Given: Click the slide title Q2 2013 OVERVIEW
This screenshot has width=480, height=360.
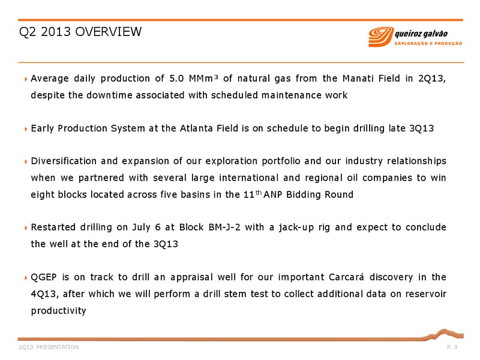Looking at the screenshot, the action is click(80, 32).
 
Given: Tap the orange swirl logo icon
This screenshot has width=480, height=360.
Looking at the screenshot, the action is click(380, 37).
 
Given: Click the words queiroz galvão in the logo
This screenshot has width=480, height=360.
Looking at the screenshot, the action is click(421, 34).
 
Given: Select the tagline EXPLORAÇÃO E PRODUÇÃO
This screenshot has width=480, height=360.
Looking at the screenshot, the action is click(428, 43).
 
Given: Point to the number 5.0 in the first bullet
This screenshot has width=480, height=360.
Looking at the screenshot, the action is click(176, 79).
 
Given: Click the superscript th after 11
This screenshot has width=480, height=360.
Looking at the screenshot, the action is click(259, 193).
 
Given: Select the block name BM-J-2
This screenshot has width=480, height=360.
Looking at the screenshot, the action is click(224, 227).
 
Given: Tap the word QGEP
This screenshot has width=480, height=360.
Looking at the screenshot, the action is click(44, 277).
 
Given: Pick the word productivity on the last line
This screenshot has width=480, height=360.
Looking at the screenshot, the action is click(58, 311).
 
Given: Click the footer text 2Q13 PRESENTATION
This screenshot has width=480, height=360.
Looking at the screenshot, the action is click(49, 347).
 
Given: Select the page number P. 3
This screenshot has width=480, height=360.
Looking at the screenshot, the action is click(452, 347).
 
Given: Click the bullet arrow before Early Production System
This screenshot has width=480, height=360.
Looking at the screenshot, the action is click(26, 129).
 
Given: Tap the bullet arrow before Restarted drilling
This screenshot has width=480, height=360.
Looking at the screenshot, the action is click(26, 228).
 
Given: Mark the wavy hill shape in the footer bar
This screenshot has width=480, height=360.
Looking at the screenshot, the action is click(443, 334).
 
